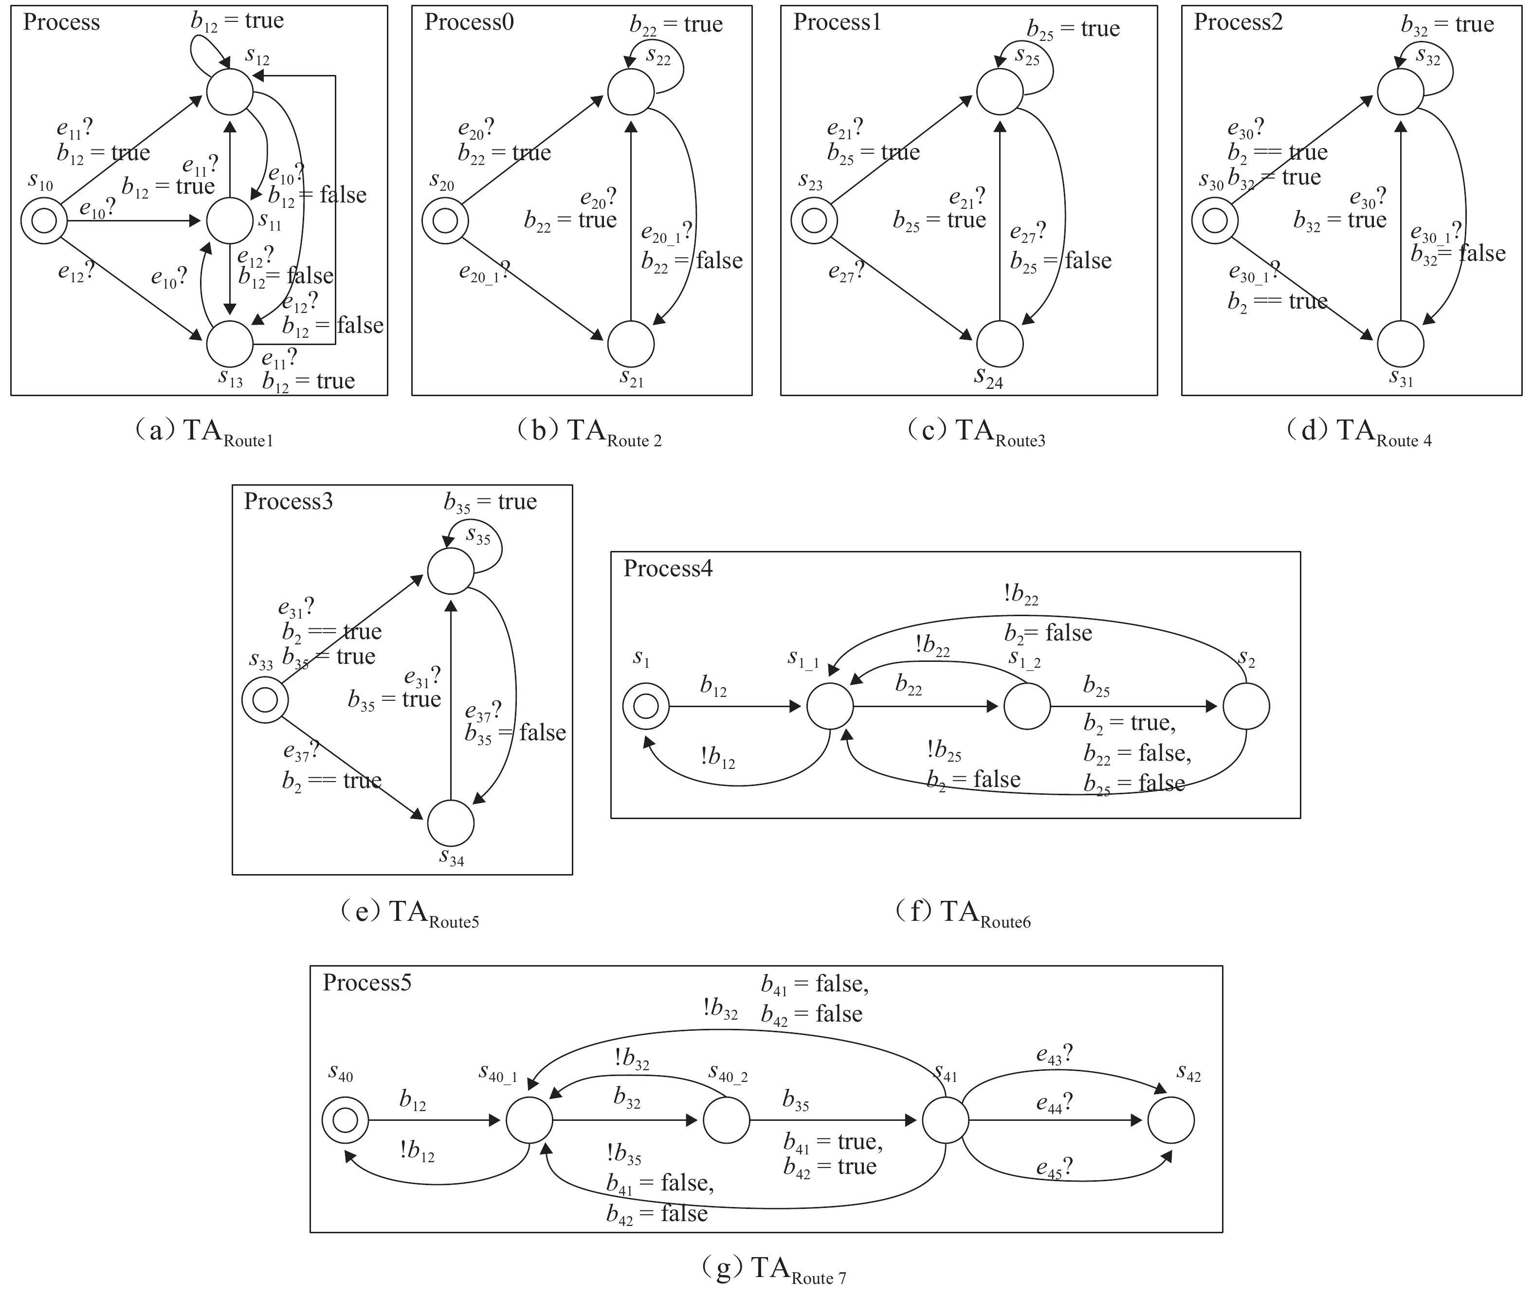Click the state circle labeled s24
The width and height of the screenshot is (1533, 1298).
click(1000, 344)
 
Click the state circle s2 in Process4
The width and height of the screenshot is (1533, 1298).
click(1246, 706)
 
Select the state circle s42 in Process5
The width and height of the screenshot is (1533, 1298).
click(1171, 1120)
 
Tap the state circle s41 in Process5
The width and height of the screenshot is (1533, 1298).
click(945, 1120)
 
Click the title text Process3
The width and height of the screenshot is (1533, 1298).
click(289, 502)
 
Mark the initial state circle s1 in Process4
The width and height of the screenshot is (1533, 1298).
click(646, 706)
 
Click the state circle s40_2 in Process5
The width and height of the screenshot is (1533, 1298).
click(727, 1120)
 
